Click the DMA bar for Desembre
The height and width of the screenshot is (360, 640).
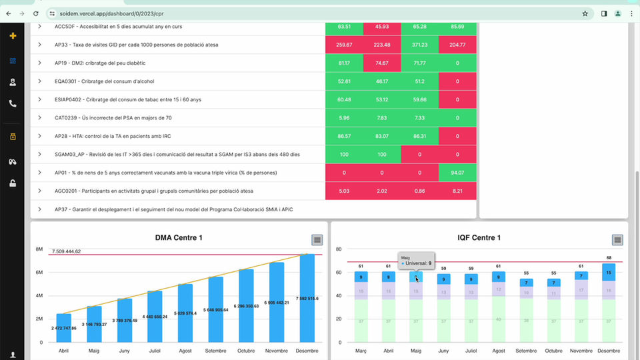[307, 299]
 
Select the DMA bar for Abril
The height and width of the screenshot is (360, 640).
[63, 328]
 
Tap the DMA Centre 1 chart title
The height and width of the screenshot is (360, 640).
[179, 238]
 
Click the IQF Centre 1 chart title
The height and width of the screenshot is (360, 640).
[479, 238]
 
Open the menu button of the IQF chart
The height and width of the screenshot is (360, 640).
[618, 240]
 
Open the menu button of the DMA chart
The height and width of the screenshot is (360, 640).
[317, 240]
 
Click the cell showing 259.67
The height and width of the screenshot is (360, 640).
[344, 45]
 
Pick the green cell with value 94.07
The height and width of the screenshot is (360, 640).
[457, 173]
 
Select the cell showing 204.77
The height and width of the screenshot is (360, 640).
[457, 45]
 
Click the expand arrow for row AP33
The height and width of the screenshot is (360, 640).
[40, 45]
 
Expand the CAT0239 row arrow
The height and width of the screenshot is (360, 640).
[40, 118]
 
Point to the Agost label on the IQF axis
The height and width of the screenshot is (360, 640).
[498, 351]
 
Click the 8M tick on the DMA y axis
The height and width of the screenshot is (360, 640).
[39, 249]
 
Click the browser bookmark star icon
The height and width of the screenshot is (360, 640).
[585, 13]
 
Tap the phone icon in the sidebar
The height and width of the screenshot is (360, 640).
[13, 104]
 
